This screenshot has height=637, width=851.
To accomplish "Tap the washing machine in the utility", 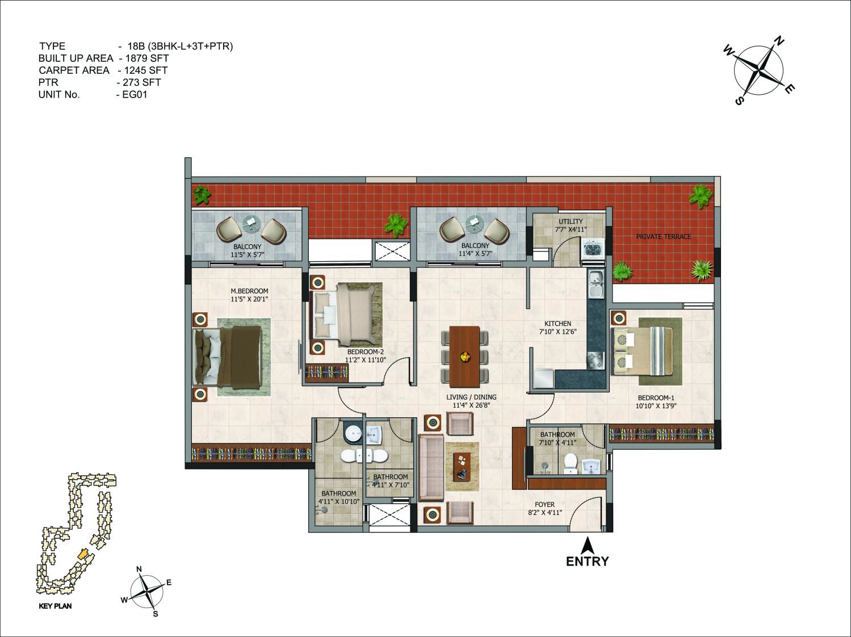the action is (593, 248).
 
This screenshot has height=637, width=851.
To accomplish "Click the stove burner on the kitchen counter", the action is (596, 361).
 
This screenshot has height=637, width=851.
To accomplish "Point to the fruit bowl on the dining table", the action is (464, 357).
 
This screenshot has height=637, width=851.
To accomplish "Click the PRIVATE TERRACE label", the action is (663, 237).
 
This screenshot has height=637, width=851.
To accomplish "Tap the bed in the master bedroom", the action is (227, 357).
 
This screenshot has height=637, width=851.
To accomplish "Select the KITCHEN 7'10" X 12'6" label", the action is (557, 328).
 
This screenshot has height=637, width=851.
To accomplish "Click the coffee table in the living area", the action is (462, 467).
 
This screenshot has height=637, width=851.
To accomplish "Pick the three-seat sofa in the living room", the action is (431, 468).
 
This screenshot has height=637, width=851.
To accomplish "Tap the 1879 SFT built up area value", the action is (147, 58).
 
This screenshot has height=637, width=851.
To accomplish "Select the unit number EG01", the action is (135, 95).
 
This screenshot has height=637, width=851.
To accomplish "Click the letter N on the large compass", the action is (779, 41).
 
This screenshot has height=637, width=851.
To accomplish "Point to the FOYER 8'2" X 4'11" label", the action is (544, 508).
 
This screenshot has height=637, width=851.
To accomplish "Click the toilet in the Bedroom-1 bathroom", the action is (571, 464).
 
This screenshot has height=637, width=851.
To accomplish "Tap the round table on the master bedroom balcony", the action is (251, 223).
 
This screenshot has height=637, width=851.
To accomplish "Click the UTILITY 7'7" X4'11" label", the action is (571, 225).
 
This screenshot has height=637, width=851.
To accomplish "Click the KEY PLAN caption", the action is (55, 606).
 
